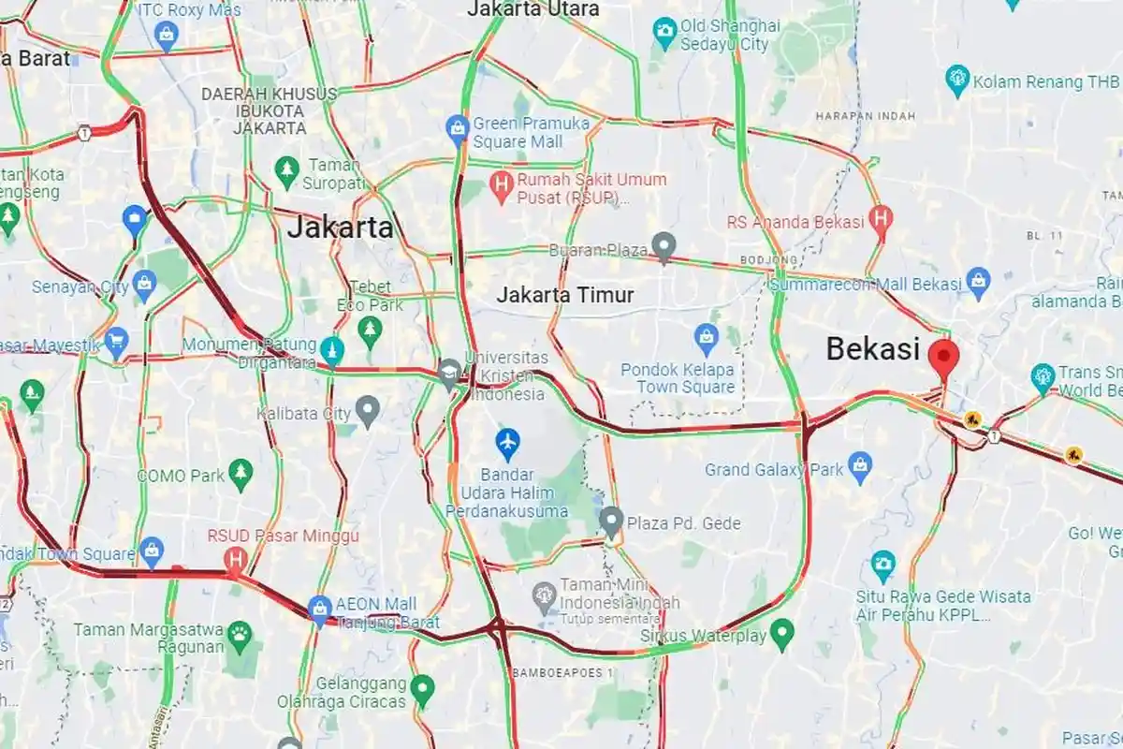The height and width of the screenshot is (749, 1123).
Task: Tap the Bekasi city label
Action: (x=872, y=349)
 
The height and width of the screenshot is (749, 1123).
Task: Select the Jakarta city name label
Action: (x=340, y=227)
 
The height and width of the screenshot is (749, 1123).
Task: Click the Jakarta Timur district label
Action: (x=565, y=295)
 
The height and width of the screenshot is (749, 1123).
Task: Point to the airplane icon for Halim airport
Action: (x=507, y=439)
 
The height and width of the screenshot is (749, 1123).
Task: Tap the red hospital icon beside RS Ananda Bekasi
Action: (x=881, y=219)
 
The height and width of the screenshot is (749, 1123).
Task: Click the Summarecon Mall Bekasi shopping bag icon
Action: (x=978, y=279)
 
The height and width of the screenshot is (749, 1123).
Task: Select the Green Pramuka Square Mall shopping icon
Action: (x=458, y=126)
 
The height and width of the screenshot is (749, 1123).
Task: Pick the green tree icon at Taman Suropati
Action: (x=286, y=169)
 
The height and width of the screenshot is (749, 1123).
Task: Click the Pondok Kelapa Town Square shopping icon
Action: (x=706, y=335)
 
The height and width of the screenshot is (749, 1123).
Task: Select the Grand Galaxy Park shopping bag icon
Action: (x=860, y=464)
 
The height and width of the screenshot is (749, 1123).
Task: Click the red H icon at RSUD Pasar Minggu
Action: (x=236, y=559)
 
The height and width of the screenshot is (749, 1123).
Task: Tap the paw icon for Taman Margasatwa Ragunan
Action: (x=241, y=633)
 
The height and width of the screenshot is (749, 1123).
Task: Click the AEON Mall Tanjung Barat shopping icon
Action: (x=320, y=607)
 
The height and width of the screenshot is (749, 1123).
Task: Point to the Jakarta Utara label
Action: (x=532, y=9)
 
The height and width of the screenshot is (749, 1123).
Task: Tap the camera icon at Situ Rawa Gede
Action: (x=882, y=565)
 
